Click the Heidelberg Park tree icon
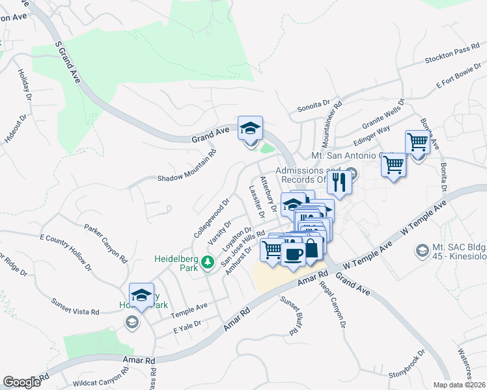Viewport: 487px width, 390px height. coord(208,263)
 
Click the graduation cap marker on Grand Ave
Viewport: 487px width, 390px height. coord(249,127)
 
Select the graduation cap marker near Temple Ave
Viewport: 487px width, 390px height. coord(141,296)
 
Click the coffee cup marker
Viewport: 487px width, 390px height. coord(293,254)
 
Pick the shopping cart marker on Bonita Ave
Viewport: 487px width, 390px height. coord(417,142)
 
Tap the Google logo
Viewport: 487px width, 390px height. coord(21,382)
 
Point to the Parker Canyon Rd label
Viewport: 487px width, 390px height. coord(105,242)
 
